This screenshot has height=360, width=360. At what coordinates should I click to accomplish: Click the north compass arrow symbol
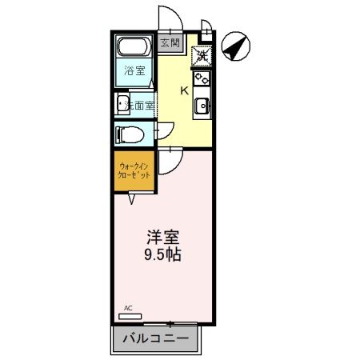(x=234, y=48)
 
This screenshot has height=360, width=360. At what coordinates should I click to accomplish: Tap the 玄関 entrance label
(x=169, y=42)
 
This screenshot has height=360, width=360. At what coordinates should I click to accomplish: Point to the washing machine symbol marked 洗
(x=202, y=56)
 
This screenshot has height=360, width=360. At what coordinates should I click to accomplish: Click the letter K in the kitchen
(x=184, y=90)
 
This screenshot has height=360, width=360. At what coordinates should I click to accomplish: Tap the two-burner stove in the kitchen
(x=202, y=79)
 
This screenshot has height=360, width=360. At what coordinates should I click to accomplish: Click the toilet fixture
(x=128, y=132)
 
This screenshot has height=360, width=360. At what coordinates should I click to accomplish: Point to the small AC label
(x=128, y=307)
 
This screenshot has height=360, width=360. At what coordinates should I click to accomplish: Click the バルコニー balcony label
(x=156, y=338)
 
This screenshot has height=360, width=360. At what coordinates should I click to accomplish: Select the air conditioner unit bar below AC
(x=138, y=315)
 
